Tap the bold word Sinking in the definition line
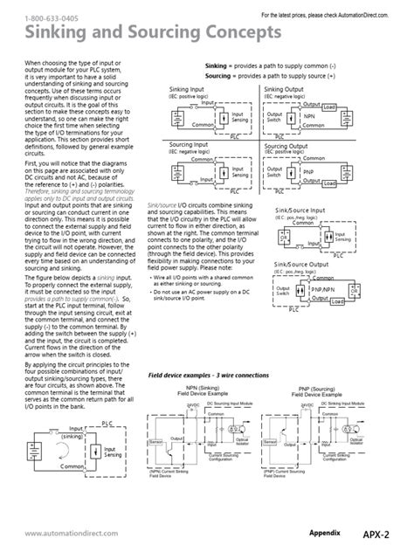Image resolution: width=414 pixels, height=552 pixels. click(217, 66)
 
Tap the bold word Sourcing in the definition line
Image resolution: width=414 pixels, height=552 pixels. click(220, 76)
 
